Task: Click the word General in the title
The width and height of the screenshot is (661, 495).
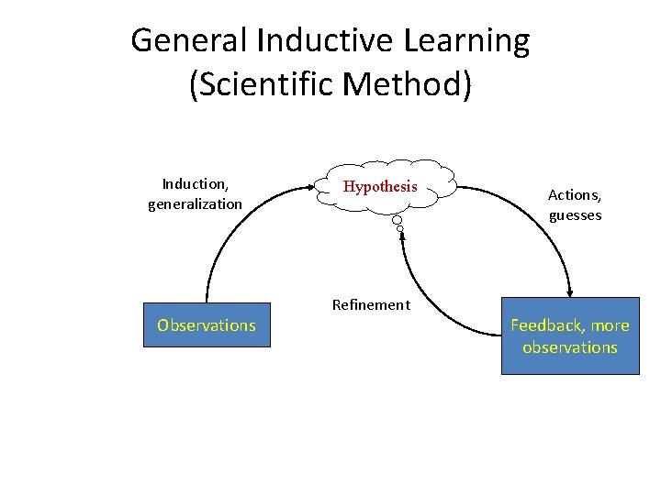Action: pos(190,41)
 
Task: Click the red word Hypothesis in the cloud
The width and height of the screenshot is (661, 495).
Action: pos(380,187)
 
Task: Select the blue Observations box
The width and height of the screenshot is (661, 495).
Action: pos(207,325)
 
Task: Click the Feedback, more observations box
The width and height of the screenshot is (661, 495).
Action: pos(569,336)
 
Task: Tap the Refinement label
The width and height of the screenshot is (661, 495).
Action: pos(371,305)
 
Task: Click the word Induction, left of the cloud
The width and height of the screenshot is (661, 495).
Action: pos(195,183)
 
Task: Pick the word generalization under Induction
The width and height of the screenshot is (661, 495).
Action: pos(195,203)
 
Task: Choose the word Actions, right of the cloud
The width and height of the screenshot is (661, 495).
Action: pos(575,195)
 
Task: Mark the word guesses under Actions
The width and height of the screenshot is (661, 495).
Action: pos(575,215)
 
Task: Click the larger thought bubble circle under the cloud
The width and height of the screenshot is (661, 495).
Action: pos(397,220)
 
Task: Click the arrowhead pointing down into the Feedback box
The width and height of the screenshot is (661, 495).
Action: pos(568,290)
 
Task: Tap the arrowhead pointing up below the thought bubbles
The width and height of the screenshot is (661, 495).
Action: pos(401,237)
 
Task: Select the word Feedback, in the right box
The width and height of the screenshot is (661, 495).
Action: pos(549,325)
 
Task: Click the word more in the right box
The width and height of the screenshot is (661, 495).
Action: pos(611,325)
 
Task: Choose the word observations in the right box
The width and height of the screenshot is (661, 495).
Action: pos(569,347)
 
